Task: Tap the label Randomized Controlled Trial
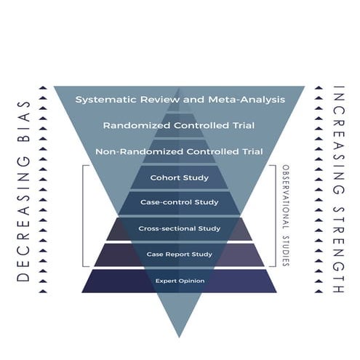(x=178, y=125)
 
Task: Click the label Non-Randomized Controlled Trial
(x=178, y=151)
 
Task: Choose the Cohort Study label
(x=179, y=177)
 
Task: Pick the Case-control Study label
(x=179, y=203)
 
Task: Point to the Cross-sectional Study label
(x=179, y=229)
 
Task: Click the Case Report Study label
(x=179, y=255)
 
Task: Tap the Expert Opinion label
(x=179, y=280)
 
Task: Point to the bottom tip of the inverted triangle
(x=179, y=336)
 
